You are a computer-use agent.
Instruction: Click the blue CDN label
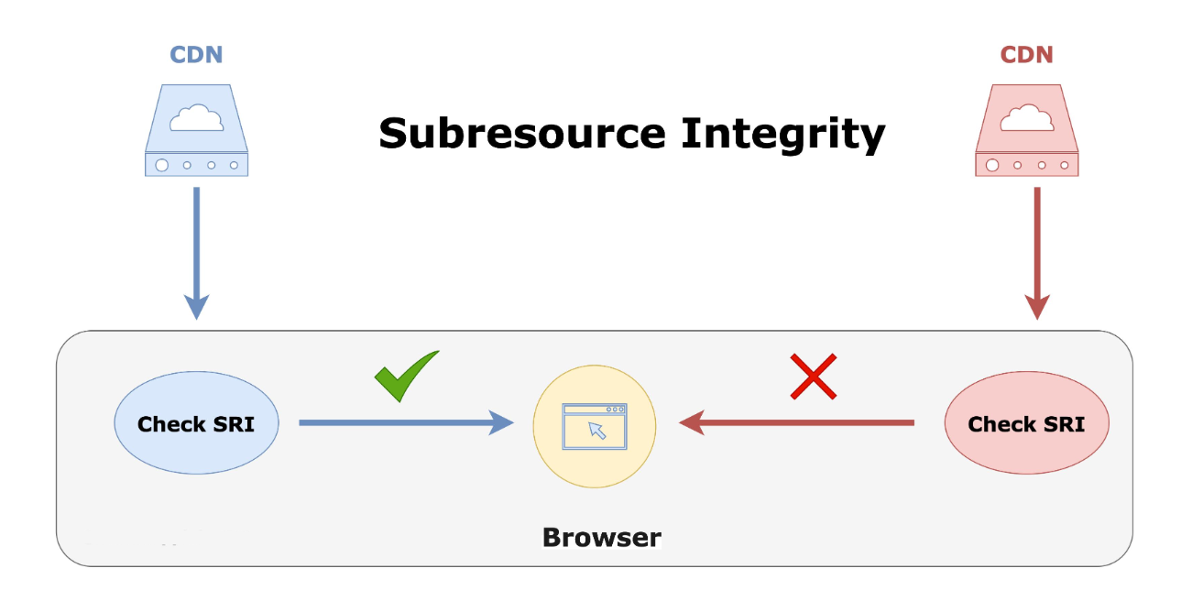196,55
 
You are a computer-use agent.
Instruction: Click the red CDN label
1026,55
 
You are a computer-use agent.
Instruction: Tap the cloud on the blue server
196,117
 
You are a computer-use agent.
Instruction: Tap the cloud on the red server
1026,117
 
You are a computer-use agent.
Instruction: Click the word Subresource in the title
522,134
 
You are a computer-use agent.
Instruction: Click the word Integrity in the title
783,136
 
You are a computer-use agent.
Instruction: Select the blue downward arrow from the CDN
197,253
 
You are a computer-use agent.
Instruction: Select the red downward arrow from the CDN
1037,253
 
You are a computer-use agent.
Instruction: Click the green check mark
405,377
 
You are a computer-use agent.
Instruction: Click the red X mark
813,377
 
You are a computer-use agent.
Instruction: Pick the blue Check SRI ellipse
196,422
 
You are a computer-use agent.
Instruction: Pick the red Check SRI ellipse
1026,422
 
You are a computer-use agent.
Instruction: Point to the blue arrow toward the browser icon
406,422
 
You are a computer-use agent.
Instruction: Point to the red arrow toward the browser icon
796,422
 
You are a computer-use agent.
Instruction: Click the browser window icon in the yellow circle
595,426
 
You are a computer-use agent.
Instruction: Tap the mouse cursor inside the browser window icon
596,430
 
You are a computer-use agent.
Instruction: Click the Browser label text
602,538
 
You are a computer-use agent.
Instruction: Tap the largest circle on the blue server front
162,166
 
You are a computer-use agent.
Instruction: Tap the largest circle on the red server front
992,166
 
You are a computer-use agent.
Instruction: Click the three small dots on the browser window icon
616,410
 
